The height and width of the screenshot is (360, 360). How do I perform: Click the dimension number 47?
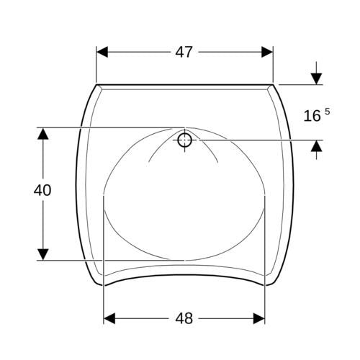(184, 52)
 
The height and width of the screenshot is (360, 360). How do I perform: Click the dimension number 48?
(184, 318)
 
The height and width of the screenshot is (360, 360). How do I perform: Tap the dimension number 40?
(42, 190)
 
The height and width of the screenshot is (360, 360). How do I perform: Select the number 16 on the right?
(312, 116)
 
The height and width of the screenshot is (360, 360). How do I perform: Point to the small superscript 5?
(328, 112)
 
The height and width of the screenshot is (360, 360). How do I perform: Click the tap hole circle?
(184, 140)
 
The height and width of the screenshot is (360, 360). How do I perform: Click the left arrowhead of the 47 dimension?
(102, 52)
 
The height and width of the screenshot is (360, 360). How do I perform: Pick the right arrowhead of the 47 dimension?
(267, 52)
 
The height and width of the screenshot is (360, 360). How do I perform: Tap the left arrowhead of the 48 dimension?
(109, 318)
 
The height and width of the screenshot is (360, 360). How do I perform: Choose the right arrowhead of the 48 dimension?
(259, 318)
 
